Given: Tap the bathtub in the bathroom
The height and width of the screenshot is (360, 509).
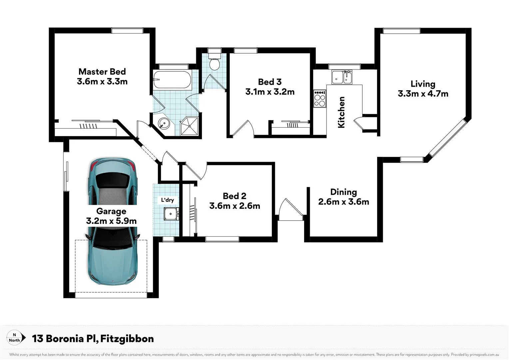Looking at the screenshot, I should [x=172, y=80].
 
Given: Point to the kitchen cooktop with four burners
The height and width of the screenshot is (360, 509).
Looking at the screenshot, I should [x=319, y=99].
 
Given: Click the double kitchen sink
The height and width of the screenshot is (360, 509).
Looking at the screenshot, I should [x=342, y=77].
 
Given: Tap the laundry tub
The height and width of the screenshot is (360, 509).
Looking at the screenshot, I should [x=171, y=213].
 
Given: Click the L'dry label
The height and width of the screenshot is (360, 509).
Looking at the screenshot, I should [x=167, y=200].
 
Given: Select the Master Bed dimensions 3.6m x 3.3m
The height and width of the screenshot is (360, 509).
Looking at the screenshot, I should [x=102, y=82].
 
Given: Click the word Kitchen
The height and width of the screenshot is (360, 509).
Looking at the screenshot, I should [x=341, y=112].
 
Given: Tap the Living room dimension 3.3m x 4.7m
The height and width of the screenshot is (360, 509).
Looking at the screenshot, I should [x=423, y=94].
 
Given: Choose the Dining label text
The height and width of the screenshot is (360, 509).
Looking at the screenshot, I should [x=343, y=192].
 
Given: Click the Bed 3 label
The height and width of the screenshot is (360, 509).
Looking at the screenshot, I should [x=270, y=82].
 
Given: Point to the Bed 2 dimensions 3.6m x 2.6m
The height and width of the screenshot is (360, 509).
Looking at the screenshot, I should [x=235, y=206].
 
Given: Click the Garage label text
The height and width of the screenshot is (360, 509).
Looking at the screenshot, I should [x=111, y=211].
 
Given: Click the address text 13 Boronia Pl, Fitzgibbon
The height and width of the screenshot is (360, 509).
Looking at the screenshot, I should [x=93, y=339].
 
